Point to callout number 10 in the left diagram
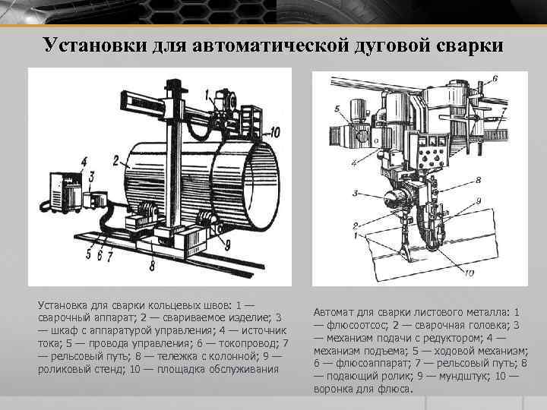click(274, 133)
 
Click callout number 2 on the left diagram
click(115, 160)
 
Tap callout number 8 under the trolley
click(153, 266)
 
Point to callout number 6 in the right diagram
click(495, 78)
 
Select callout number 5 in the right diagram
click(338, 110)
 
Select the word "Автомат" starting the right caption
click(334, 312)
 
